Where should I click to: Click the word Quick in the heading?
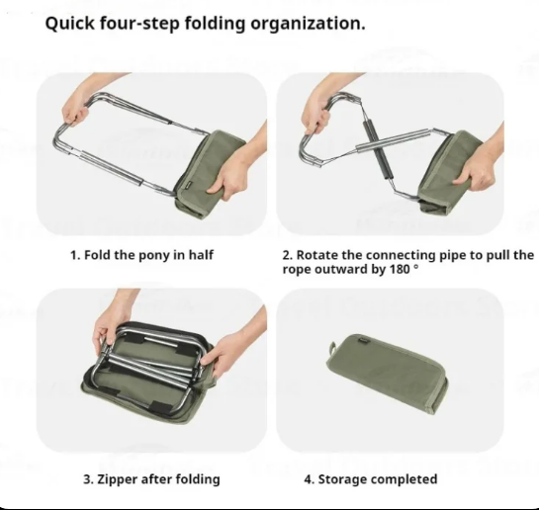tap(69, 24)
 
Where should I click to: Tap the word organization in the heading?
tap(308, 25)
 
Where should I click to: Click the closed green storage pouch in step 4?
tap(387, 374)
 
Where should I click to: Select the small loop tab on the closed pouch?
tap(332, 349)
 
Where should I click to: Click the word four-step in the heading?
tap(139, 24)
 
